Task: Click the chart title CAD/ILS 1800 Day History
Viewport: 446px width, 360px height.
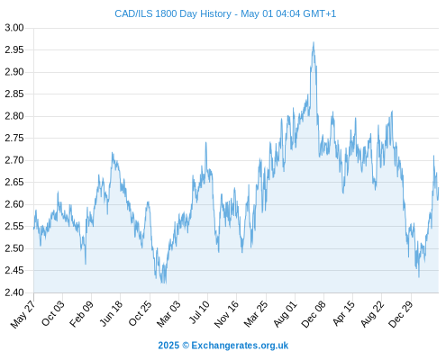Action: (x=173, y=13)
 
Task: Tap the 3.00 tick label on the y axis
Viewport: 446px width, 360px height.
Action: (x=14, y=28)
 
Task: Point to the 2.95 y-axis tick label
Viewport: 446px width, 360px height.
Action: (x=14, y=49)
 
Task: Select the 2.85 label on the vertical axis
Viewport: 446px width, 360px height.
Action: (x=14, y=94)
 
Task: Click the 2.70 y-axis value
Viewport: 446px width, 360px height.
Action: (x=14, y=160)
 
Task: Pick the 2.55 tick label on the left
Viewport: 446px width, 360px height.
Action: (x=14, y=226)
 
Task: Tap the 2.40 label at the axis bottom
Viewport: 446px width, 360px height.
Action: (x=14, y=292)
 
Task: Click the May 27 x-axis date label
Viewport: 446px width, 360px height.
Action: (x=23, y=314)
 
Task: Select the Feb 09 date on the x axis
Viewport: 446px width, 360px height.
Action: (x=81, y=314)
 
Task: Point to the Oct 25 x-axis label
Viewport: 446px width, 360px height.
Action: (x=140, y=314)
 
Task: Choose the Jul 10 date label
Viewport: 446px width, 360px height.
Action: (x=199, y=312)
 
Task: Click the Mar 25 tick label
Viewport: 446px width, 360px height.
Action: (x=256, y=314)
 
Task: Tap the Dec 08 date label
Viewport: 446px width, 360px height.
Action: (x=314, y=314)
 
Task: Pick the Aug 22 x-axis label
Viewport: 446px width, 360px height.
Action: (x=372, y=314)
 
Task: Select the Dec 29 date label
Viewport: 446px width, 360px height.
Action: (x=401, y=314)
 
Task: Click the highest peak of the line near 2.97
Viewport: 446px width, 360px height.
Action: (x=314, y=42)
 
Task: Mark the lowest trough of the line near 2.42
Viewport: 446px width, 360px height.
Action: (x=163, y=283)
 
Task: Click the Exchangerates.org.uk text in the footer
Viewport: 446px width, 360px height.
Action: (x=240, y=346)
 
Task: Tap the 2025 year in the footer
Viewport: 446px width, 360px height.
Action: (x=168, y=346)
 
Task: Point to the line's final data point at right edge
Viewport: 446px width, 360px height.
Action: (x=439, y=188)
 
